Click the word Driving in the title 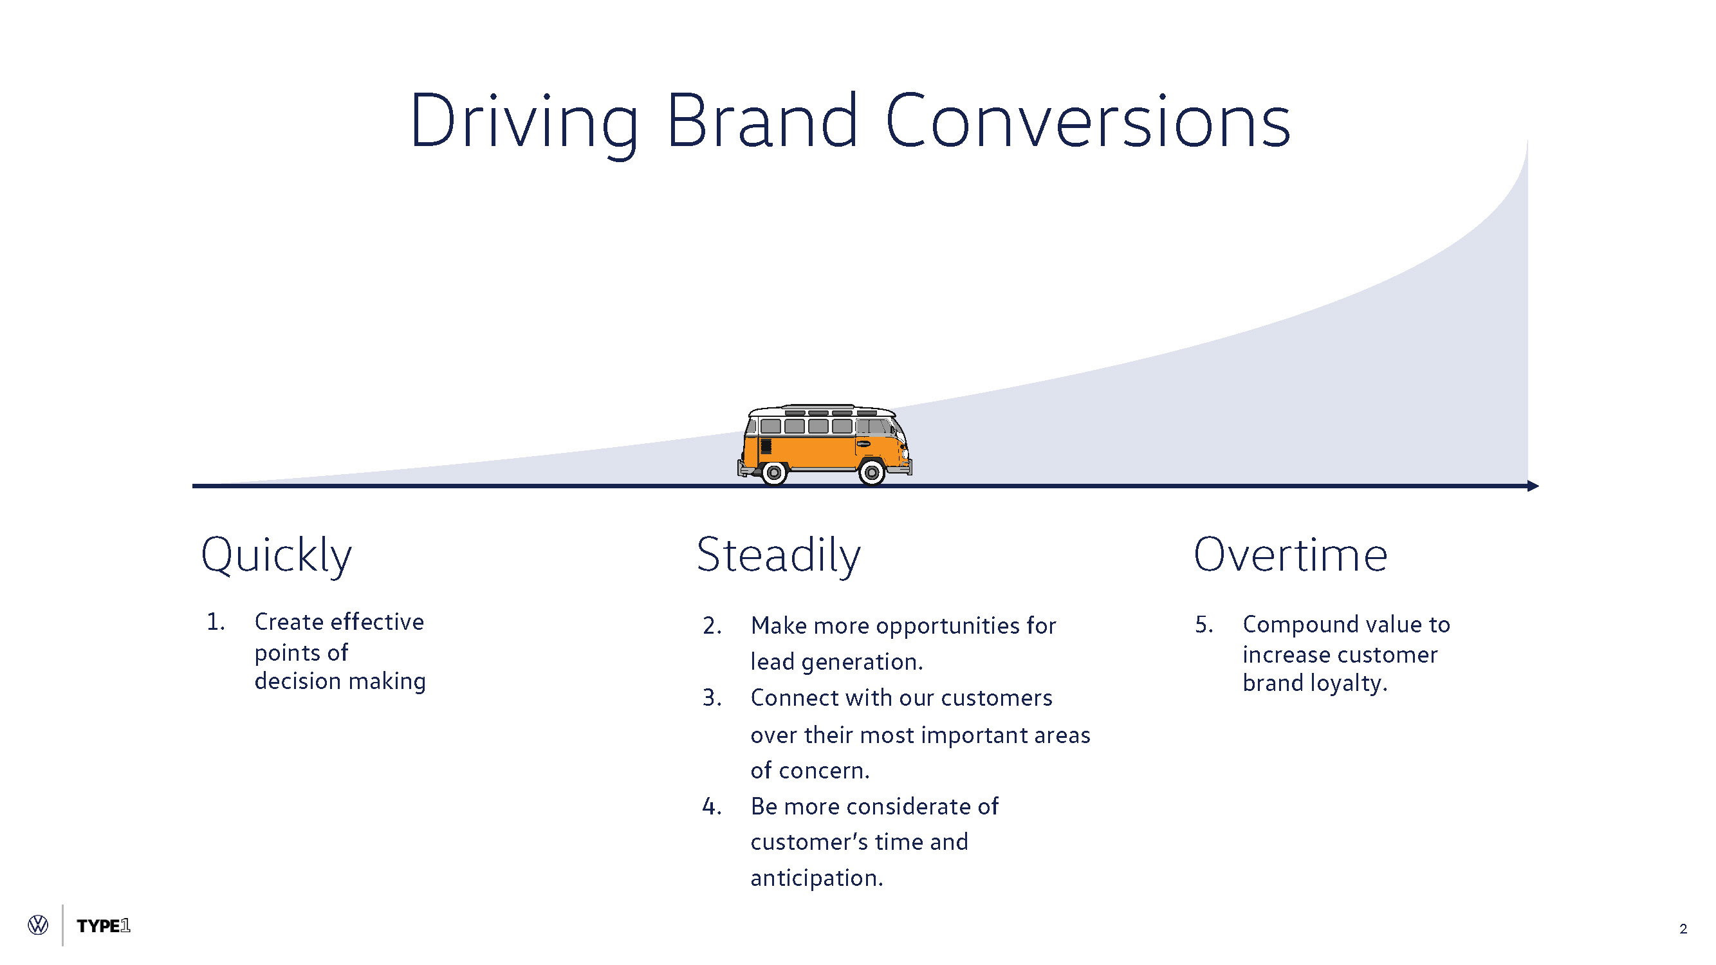[x=524, y=122]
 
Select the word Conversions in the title [x=1087, y=122]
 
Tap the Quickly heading [x=276, y=555]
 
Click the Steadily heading [x=778, y=555]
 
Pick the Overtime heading [x=1289, y=555]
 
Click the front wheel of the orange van [x=871, y=472]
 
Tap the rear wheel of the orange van [x=774, y=472]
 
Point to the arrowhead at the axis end [x=1532, y=486]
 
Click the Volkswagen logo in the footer [x=38, y=925]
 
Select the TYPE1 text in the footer [x=103, y=926]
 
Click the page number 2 [x=1683, y=928]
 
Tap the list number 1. [x=215, y=622]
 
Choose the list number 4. [x=712, y=807]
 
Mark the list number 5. [x=1203, y=625]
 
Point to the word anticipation [x=816, y=878]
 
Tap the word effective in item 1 [x=376, y=622]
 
